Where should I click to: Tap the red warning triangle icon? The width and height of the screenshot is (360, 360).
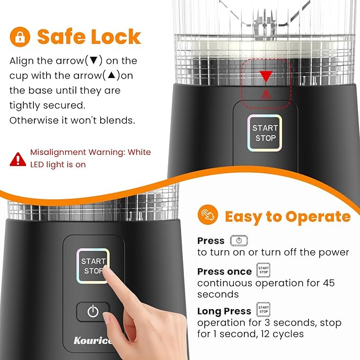click(18, 159)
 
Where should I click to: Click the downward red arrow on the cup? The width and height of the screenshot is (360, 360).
click(266, 77)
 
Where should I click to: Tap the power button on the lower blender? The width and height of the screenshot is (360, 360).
click(93, 311)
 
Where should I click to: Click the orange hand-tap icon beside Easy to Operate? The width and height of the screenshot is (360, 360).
click(207, 215)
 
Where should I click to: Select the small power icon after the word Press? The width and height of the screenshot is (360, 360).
click(239, 240)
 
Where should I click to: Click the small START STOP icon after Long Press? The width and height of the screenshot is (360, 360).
click(263, 310)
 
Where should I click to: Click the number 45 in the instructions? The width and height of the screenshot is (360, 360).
click(329, 283)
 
